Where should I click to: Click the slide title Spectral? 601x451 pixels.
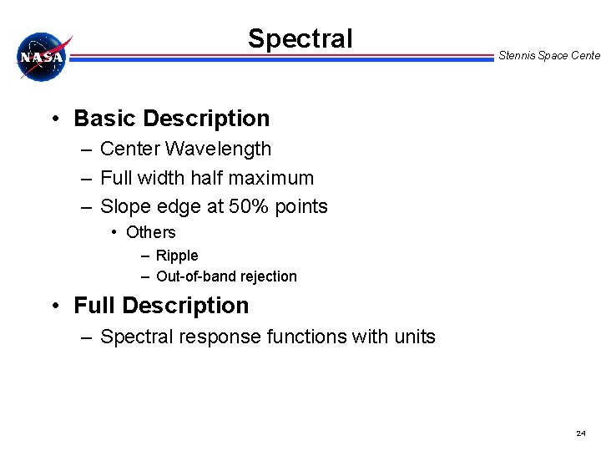[300, 38]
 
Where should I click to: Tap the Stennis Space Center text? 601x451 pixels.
[548, 56]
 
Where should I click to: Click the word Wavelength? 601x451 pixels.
[219, 149]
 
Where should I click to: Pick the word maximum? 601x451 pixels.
[273, 178]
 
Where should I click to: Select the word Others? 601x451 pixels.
[150, 232]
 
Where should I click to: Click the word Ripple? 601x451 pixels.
[177, 256]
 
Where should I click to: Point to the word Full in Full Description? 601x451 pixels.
[94, 306]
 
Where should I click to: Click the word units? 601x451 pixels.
[414, 337]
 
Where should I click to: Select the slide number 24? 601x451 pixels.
[581, 433]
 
